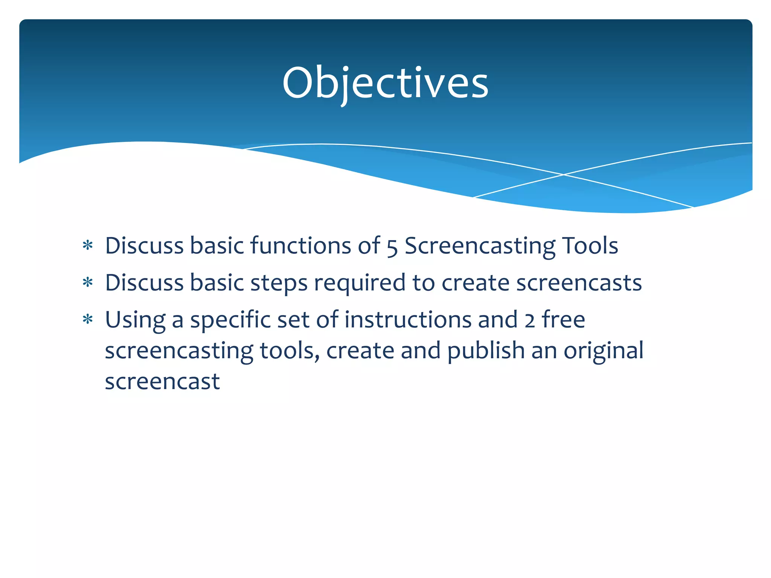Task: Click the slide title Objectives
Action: pyautogui.click(x=385, y=83)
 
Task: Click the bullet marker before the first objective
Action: pyautogui.click(x=88, y=246)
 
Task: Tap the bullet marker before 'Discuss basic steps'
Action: pyautogui.click(x=88, y=283)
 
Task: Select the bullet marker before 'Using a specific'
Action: pyautogui.click(x=88, y=319)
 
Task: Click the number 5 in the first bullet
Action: pyautogui.click(x=392, y=247)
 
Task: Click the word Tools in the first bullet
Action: pyautogui.click(x=590, y=246)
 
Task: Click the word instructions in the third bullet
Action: pyautogui.click(x=408, y=319)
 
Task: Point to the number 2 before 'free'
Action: pyautogui.click(x=530, y=321)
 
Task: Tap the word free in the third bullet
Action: pyautogui.click(x=563, y=319)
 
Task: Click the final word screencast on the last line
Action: pyautogui.click(x=162, y=382)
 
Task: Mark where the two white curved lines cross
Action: pyautogui.click(x=564, y=175)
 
